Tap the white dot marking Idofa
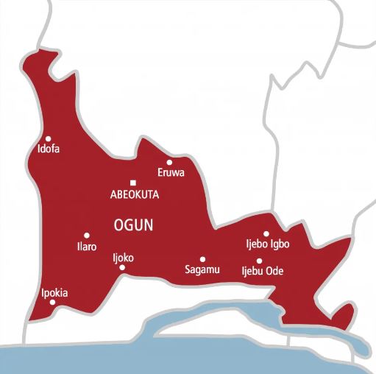click(x=49, y=138)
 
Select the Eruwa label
click(x=171, y=174)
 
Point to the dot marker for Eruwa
click(x=169, y=162)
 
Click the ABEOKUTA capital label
click(x=134, y=194)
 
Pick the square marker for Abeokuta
click(x=133, y=183)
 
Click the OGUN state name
click(x=133, y=225)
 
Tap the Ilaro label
click(x=87, y=247)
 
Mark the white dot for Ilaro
click(x=87, y=236)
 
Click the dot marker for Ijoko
click(x=122, y=268)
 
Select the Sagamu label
click(x=202, y=270)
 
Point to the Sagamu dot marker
click(x=202, y=258)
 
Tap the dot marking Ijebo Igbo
click(x=266, y=234)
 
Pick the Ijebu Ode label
click(x=263, y=272)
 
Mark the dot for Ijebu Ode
click(x=259, y=261)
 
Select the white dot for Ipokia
click(x=52, y=303)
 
